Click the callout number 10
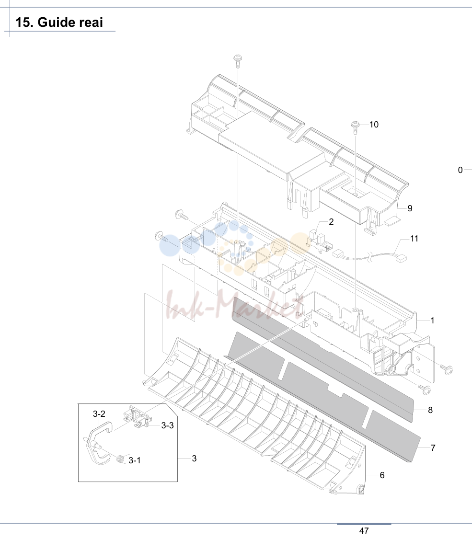pos(374,125)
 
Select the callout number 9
pos(410,208)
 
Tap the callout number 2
pos(331,222)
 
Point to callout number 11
pos(414,239)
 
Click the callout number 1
pos(432,321)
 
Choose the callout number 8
pos(430,410)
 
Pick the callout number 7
pos(433,447)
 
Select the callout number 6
pos(382,475)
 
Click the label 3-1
pos(135,460)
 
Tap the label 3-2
pos(99,414)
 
